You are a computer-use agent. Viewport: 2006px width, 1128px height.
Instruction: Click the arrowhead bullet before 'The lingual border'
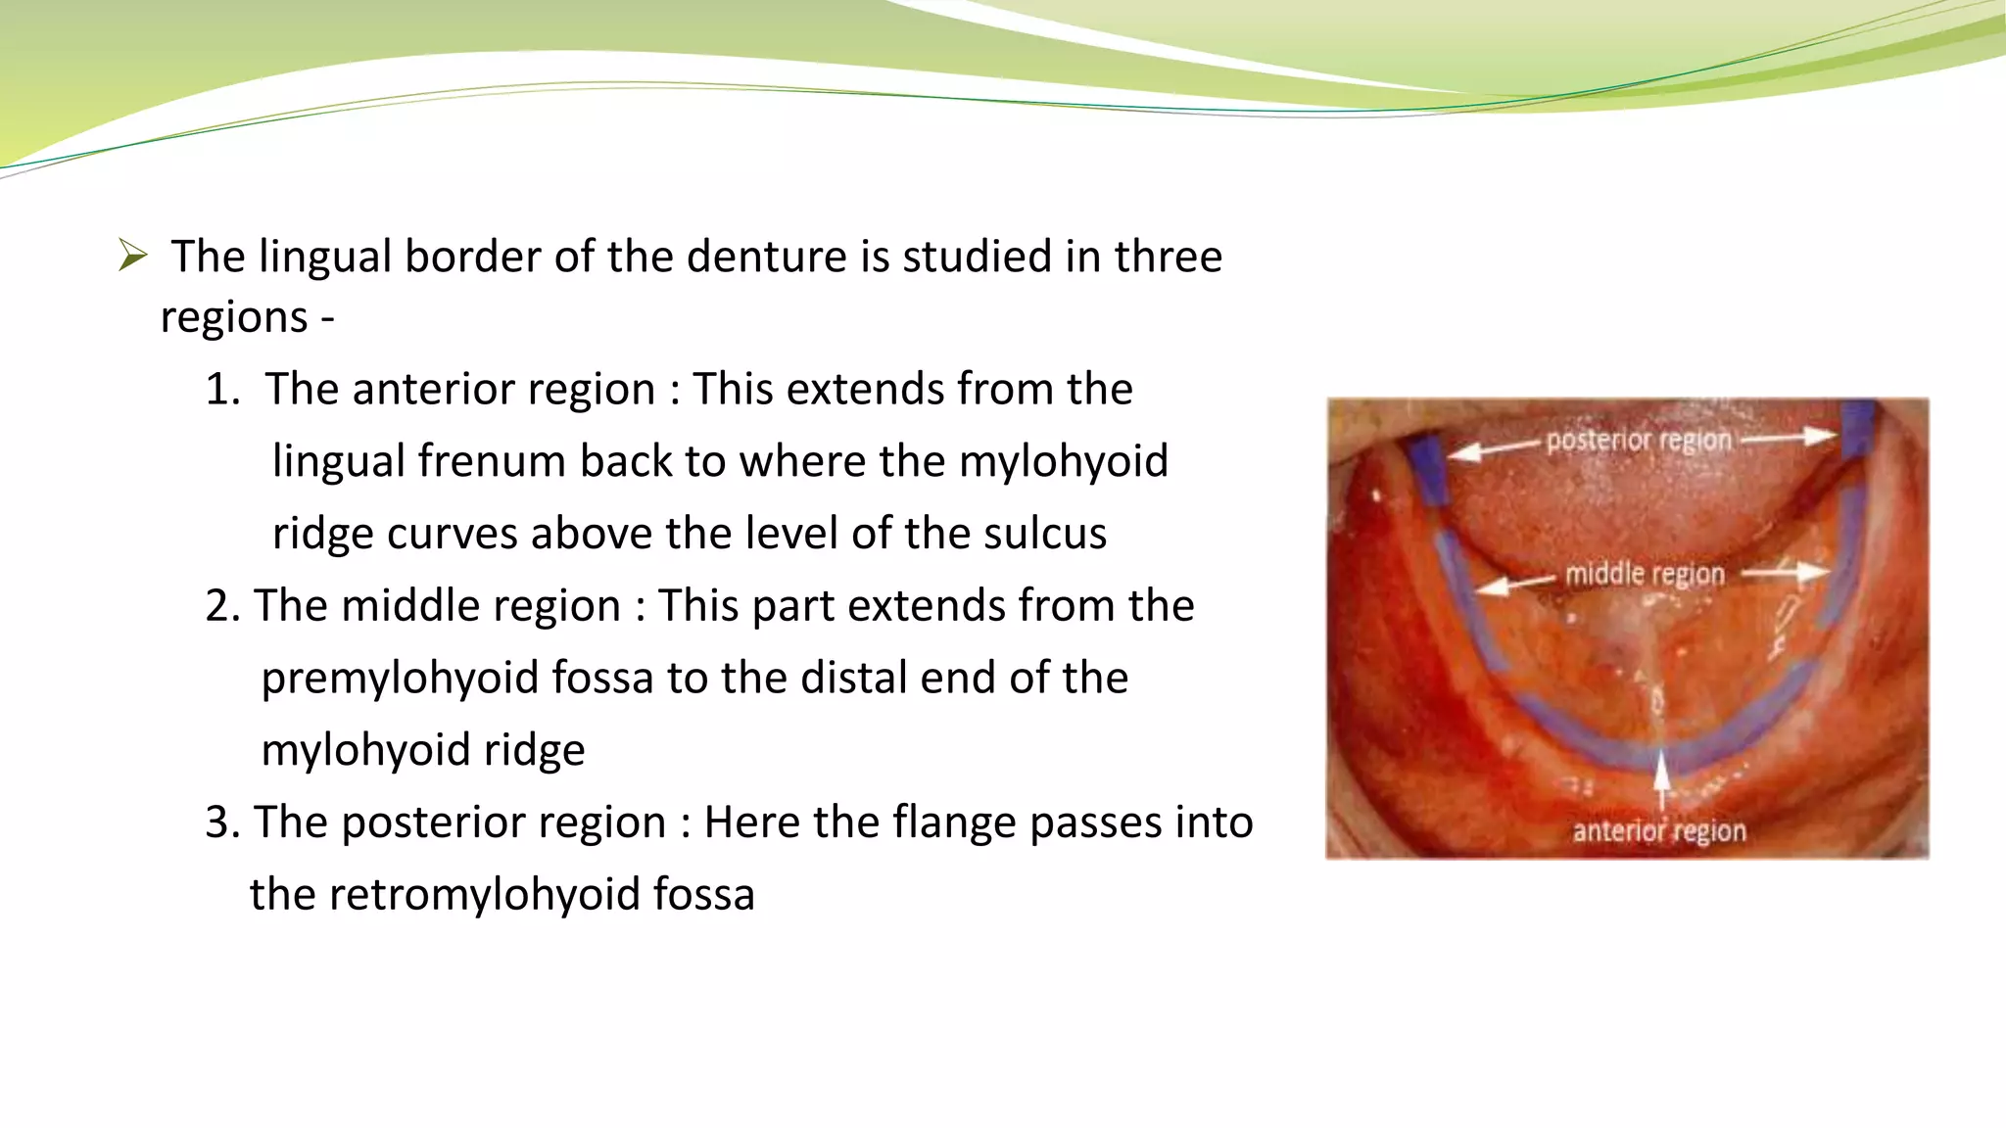[132, 256]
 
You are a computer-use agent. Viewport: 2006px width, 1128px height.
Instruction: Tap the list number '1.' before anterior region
[222, 389]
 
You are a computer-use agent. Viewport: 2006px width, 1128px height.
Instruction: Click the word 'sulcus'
[1045, 534]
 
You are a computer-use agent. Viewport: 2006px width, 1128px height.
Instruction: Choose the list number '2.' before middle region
[222, 605]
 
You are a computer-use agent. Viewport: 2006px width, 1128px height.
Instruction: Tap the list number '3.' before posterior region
[222, 822]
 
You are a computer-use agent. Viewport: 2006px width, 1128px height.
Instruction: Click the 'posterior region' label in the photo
[1639, 441]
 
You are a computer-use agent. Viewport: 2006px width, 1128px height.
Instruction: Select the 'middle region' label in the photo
[1645, 574]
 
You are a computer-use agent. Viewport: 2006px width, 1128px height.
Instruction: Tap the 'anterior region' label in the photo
[1659, 831]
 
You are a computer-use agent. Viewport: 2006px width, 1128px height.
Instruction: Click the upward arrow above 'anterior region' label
[1661, 778]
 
